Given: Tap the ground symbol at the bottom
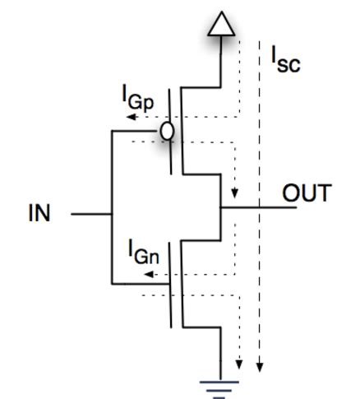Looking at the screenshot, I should point(220,385).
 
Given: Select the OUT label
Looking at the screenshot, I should point(307,194).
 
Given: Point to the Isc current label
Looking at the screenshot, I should point(285,59).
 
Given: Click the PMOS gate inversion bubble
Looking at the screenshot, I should point(168,131).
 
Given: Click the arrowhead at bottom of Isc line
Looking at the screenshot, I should point(261,365).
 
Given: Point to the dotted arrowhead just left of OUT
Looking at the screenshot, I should point(237,195).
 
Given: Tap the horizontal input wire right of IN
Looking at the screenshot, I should point(90,215).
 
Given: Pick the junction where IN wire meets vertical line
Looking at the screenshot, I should point(111,215).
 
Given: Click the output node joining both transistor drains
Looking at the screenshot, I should point(220,206).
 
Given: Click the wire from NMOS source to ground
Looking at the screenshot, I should point(220,350).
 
